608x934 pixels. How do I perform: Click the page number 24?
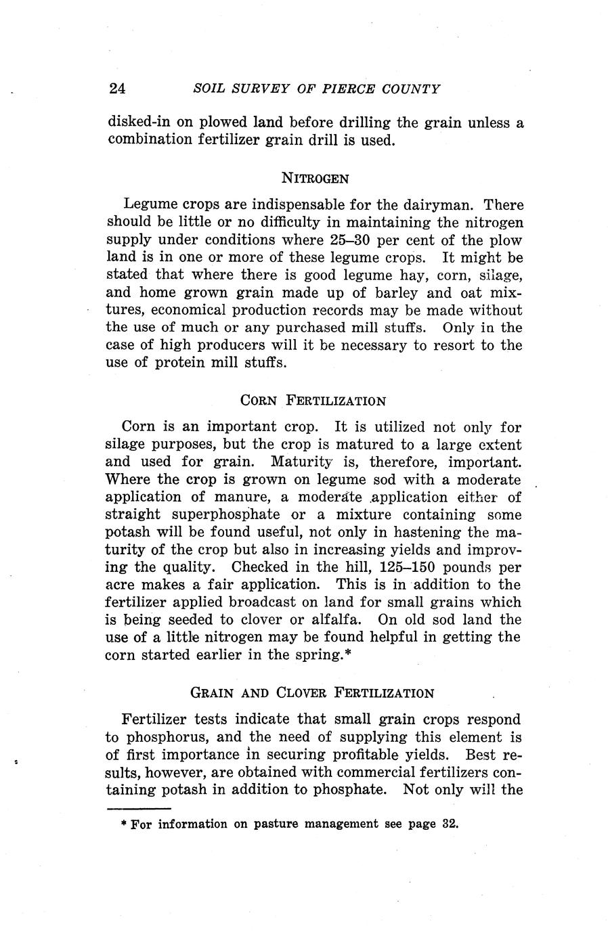[x=118, y=89]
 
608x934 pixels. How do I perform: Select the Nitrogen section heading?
[x=315, y=179]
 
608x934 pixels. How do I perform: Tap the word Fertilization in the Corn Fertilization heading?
[x=336, y=400]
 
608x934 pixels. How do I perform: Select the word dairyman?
[x=437, y=204]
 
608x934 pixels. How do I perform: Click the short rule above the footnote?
[x=139, y=808]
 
